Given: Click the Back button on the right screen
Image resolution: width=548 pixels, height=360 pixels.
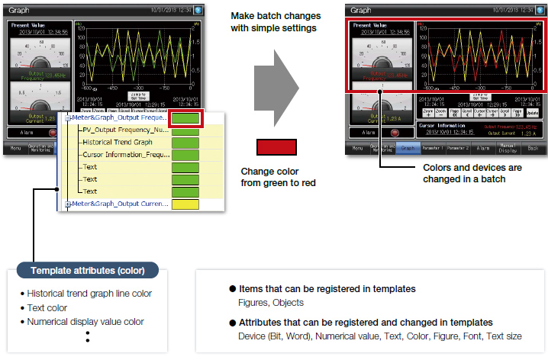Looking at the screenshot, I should (533, 149).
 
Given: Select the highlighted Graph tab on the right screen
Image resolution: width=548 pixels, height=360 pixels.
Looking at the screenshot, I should (407, 149).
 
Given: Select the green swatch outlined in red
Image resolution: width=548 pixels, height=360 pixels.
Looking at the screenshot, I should (185, 119).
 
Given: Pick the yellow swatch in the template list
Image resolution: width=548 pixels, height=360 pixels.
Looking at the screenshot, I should (185, 204).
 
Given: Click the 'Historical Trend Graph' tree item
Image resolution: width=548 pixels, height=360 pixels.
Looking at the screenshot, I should (117, 143).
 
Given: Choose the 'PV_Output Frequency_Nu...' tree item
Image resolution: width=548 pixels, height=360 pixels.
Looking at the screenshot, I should (124, 131).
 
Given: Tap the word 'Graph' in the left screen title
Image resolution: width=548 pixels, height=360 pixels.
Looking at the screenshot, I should (19, 11).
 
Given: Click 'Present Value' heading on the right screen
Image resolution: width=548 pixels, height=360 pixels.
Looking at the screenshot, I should (369, 25).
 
